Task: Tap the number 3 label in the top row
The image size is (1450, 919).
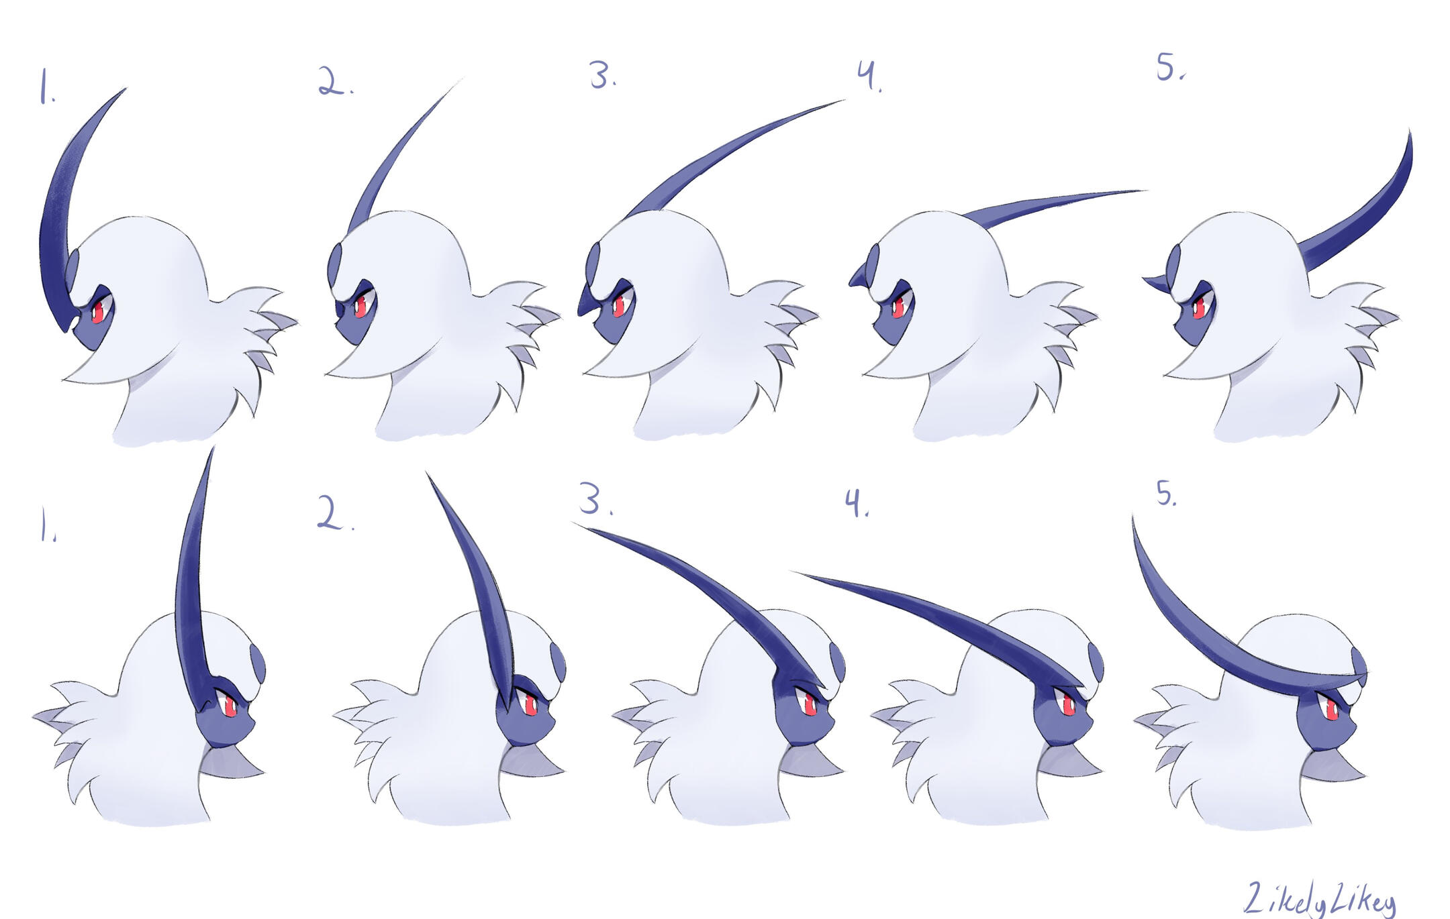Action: point(602,75)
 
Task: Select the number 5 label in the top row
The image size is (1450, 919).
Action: point(1170,67)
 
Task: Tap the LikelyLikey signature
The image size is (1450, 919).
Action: point(1319,899)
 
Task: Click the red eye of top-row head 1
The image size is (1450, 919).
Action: point(98,311)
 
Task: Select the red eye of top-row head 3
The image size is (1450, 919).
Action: point(618,305)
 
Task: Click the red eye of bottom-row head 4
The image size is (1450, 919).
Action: point(1067,704)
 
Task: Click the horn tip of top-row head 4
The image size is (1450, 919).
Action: point(1145,191)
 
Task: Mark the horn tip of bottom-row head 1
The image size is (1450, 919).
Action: point(213,447)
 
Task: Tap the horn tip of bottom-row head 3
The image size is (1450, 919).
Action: point(575,523)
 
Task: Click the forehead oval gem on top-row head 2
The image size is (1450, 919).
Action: point(335,265)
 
